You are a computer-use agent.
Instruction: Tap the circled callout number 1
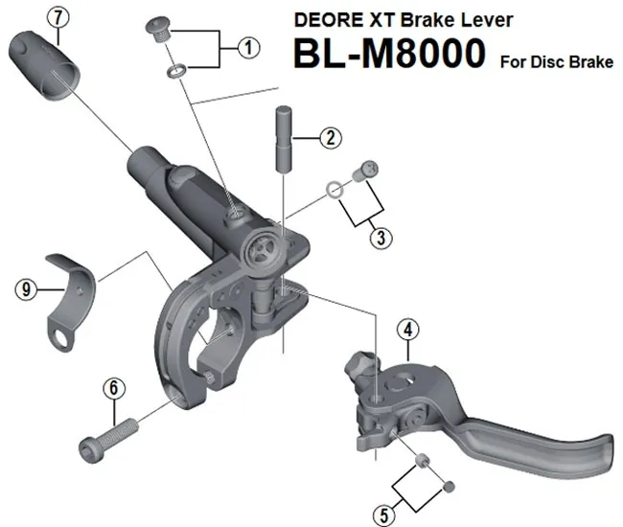pos(248,45)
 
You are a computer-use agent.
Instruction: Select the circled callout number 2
pos(330,137)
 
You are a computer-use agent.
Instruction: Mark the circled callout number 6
pos(114,389)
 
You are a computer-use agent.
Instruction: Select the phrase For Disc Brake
pos(556,63)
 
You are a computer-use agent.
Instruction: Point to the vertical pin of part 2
pos(283,138)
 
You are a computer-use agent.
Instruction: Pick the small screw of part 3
pos(362,172)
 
